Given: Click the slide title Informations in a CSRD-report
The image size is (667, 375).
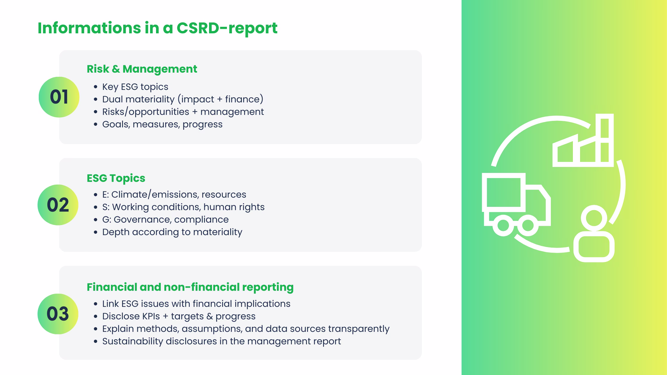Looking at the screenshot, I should click(157, 28).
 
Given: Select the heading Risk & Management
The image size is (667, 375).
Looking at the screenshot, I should click(142, 69).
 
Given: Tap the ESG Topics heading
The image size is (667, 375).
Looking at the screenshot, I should click(116, 178).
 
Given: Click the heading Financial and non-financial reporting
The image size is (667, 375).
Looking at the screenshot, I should click(190, 287).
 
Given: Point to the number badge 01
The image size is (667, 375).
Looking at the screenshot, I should click(59, 97).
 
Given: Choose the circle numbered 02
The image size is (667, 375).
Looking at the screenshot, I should click(58, 205).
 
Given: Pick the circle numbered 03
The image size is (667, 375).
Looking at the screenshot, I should click(58, 314).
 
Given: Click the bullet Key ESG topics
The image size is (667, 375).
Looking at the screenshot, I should click(135, 87).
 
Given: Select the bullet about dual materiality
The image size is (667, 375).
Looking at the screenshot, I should click(183, 99).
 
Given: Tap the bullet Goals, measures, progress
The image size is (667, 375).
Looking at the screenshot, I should click(162, 124).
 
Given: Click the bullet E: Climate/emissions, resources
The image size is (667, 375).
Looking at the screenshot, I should click(174, 194).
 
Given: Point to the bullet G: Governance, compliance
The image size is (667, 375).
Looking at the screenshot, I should click(165, 219).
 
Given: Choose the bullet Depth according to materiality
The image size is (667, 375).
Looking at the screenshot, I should click(172, 232).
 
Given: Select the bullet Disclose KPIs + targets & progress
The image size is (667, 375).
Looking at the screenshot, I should click(179, 316).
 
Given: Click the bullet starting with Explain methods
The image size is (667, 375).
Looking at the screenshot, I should click(246, 329).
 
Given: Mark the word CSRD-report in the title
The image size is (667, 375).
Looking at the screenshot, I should click(227, 28).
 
